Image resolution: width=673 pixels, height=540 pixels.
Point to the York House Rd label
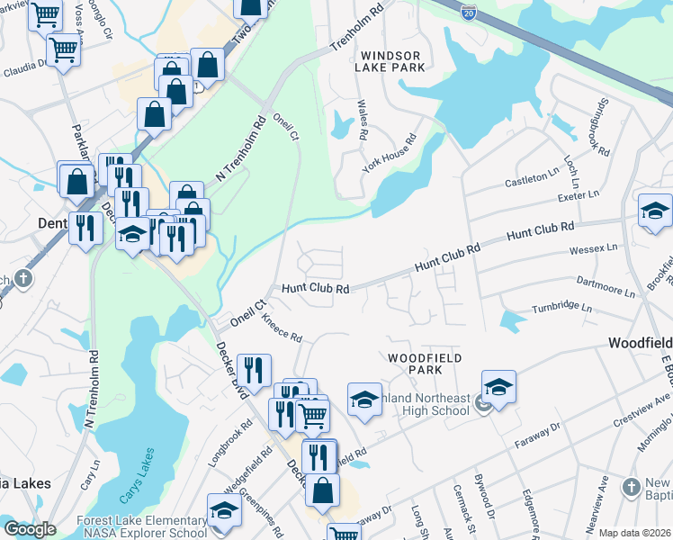pyautogui.click(x=390, y=154)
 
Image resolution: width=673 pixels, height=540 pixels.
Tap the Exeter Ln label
pyautogui.click(x=579, y=194)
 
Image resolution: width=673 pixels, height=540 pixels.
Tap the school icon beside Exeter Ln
pyautogui.click(x=654, y=211)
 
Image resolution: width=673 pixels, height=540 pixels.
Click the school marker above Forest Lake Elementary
pyautogui.click(x=224, y=510)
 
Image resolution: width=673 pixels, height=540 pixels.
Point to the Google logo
pyautogui.click(x=30, y=529)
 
